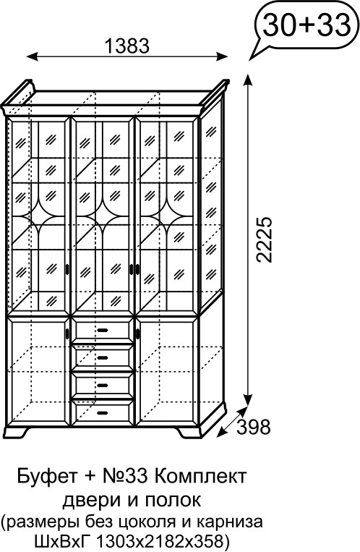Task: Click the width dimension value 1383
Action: pos(127,46)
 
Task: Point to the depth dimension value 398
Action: pos(253,427)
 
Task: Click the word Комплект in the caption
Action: pos(200,477)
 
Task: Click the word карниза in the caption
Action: pos(230,522)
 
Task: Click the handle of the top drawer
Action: pos(103,330)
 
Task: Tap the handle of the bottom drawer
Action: pos(103,412)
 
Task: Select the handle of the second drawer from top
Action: pos(103,358)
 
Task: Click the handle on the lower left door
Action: pos(67,332)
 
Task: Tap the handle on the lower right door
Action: pos(138,332)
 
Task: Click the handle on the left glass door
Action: pos(67,269)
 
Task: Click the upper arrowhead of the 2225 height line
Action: pos(249,80)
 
